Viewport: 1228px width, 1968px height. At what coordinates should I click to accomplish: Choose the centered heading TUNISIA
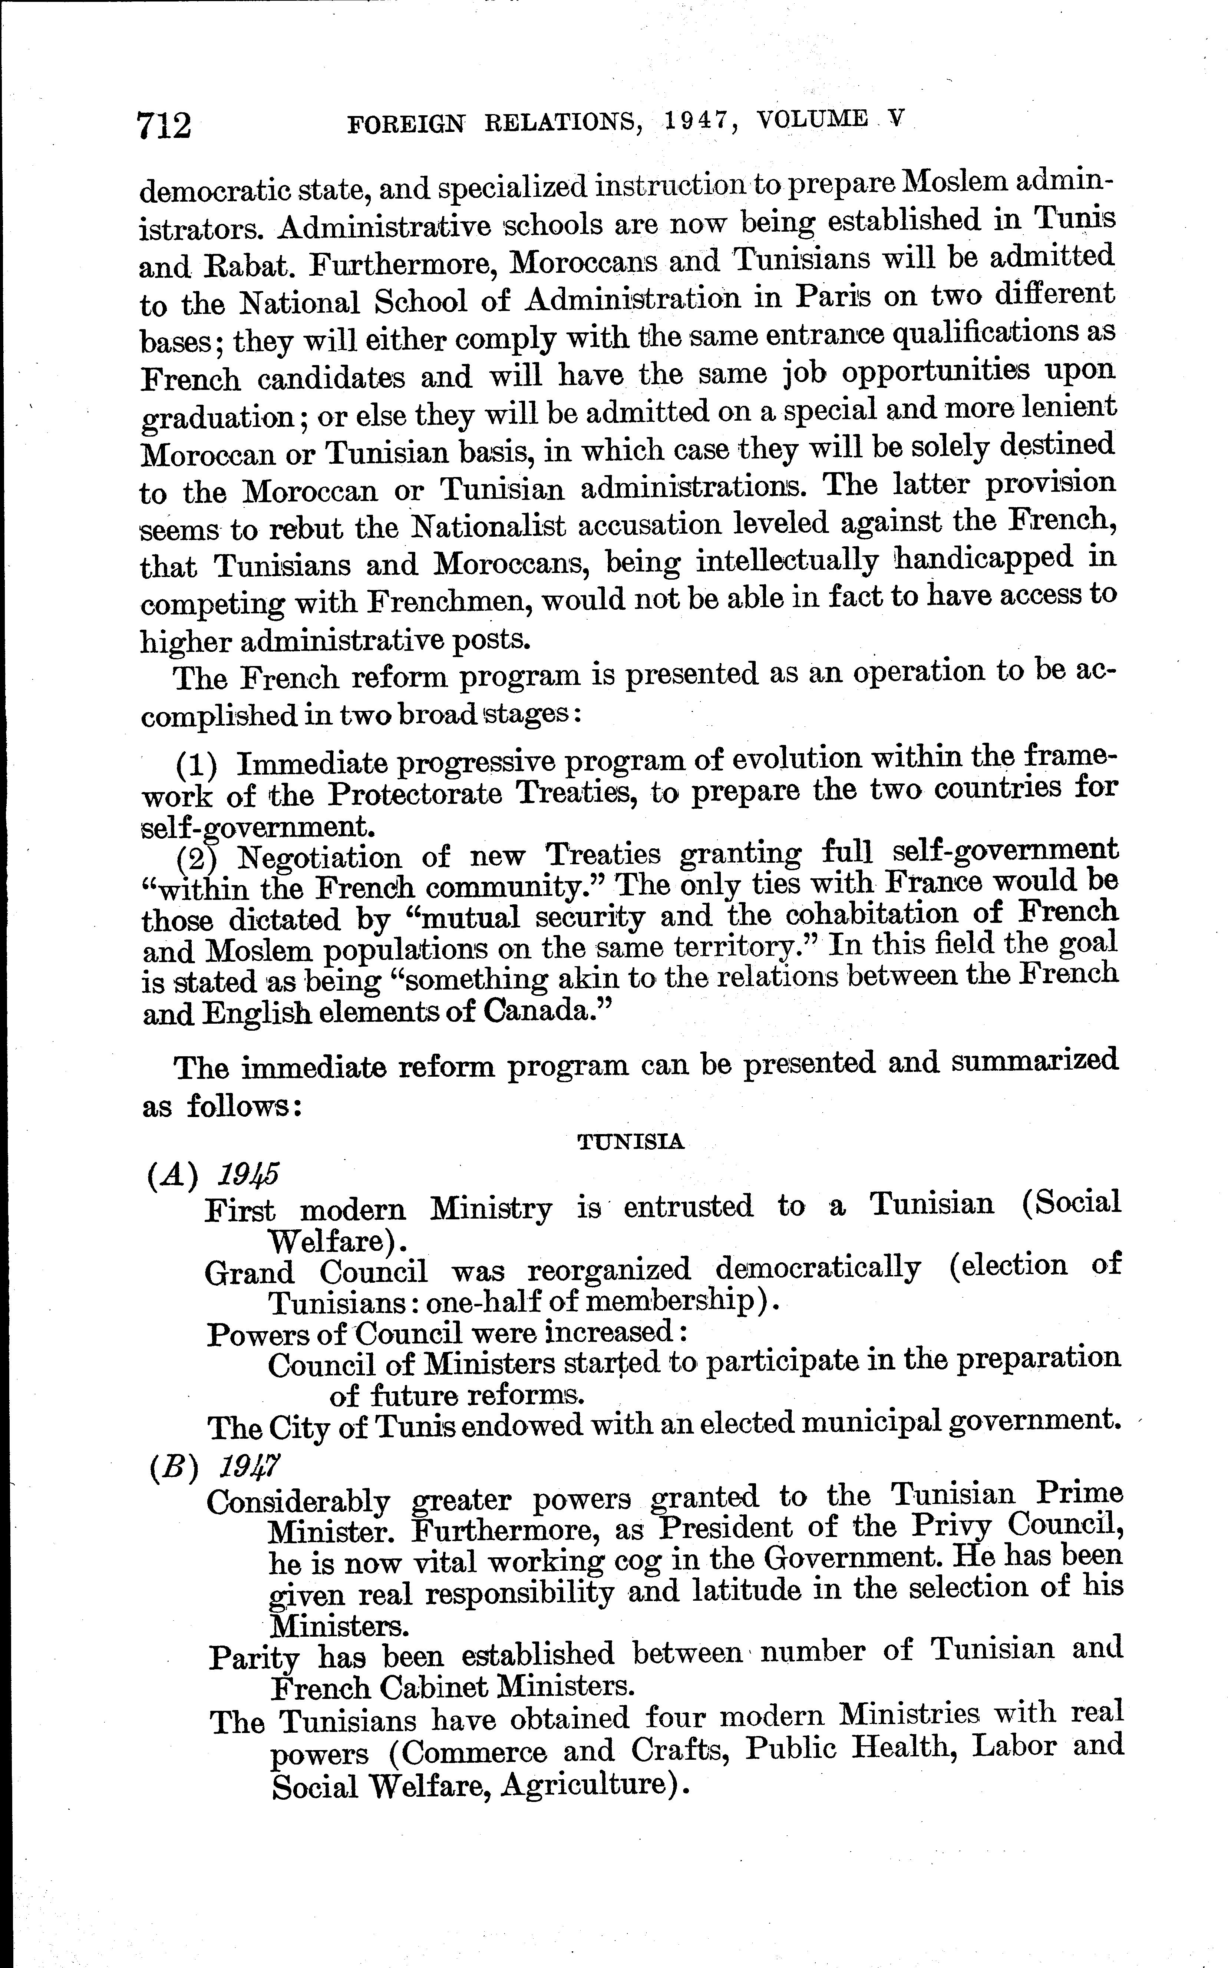(630, 1142)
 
